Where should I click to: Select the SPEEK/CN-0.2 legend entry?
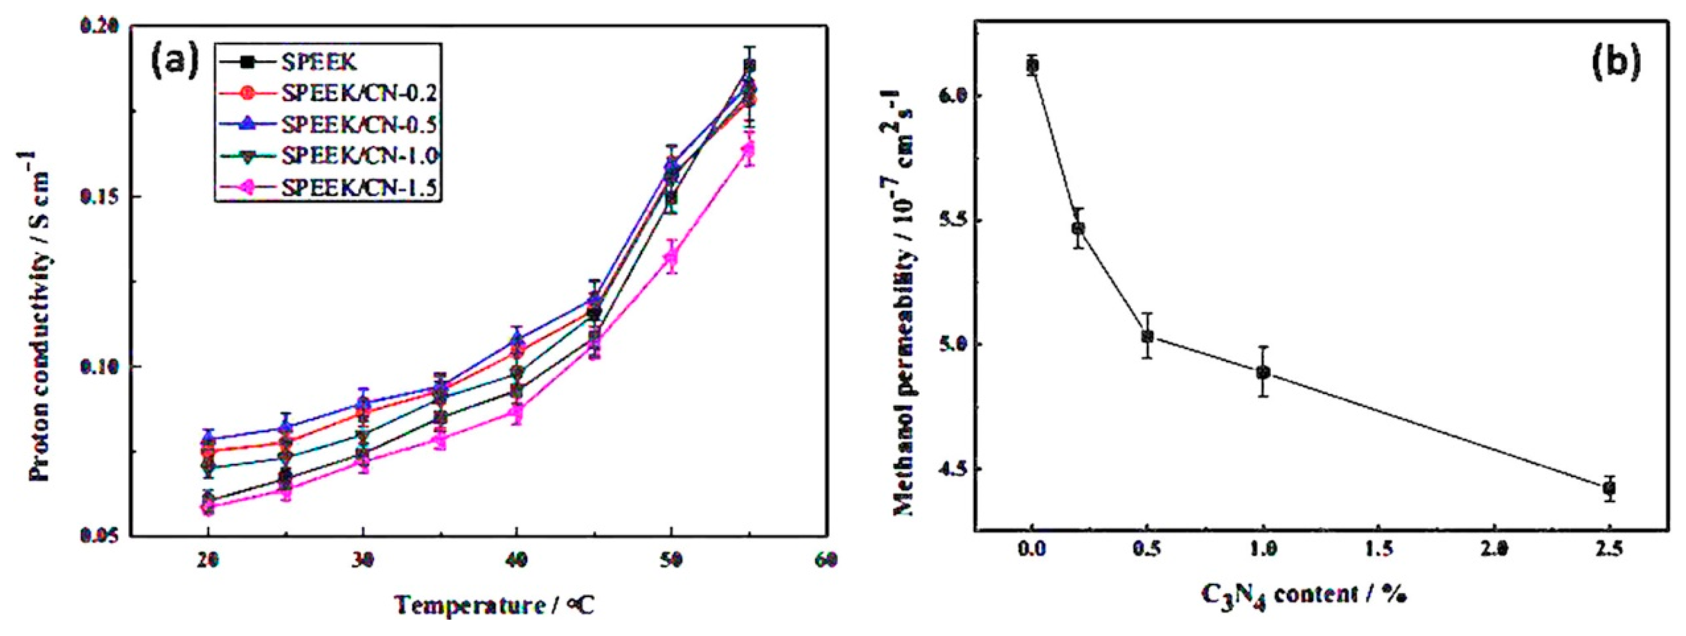coord(359,94)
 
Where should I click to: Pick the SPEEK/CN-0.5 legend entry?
coord(359,125)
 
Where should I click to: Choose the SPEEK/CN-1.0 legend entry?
coord(359,156)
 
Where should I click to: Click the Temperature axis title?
coord(495,605)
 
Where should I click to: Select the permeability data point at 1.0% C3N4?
coord(1263,372)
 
